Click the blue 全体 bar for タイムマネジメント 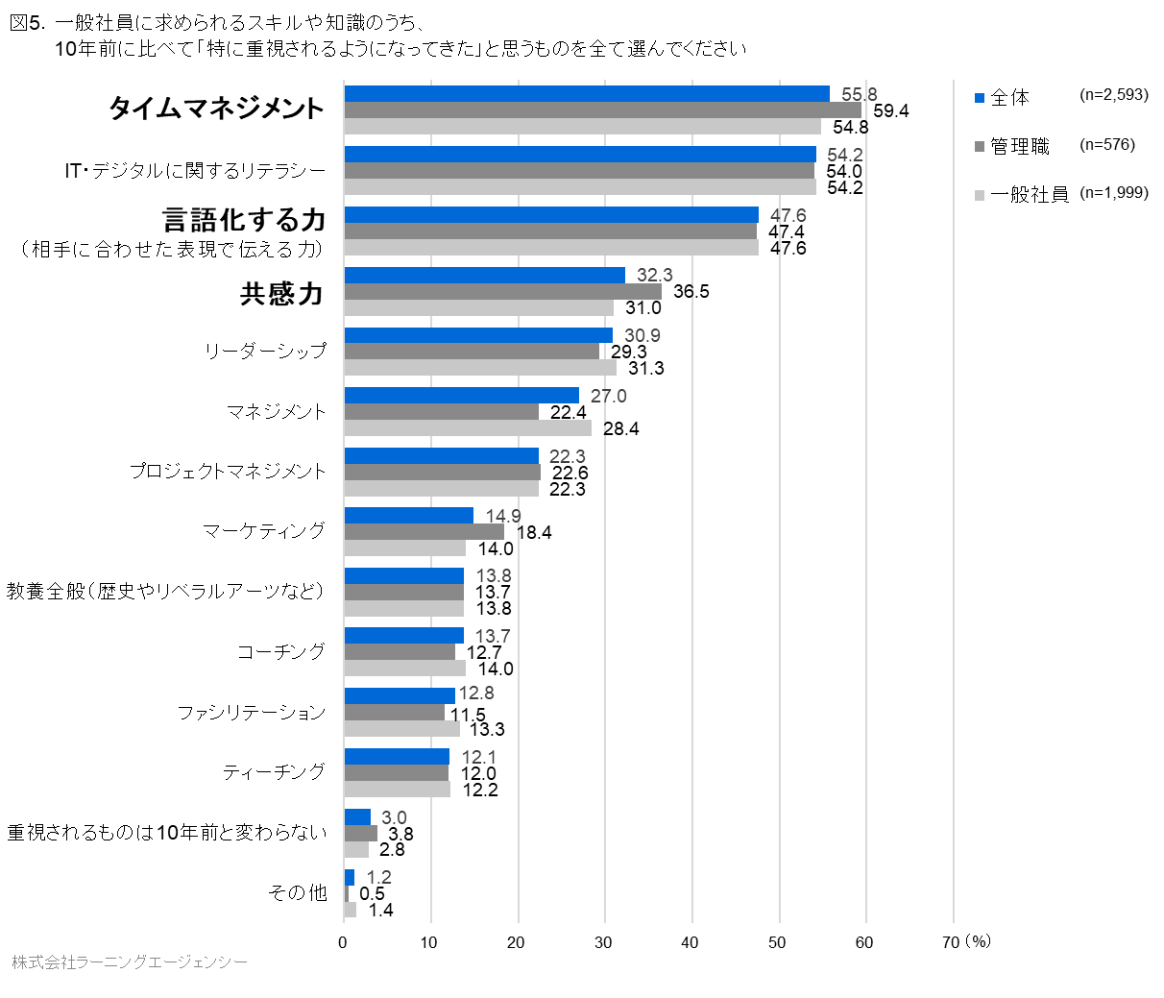[x=586, y=93]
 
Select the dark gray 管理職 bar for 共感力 [x=502, y=291]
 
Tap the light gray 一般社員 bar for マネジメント [x=468, y=428]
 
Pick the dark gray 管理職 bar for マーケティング [x=424, y=532]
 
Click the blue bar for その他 [x=350, y=877]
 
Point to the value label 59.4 [x=890, y=110]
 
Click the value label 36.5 [x=691, y=291]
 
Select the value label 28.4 [x=620, y=428]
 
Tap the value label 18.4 [x=533, y=532]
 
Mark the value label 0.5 [x=372, y=893]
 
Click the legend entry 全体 [x=1008, y=97]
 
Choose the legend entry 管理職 [x=1019, y=146]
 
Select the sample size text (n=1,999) [x=1113, y=193]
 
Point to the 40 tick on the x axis [x=690, y=942]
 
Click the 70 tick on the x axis [x=950, y=942]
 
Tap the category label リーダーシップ [x=265, y=352]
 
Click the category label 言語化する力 [x=244, y=220]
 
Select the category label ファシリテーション [x=251, y=713]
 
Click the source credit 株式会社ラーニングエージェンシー [x=129, y=961]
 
